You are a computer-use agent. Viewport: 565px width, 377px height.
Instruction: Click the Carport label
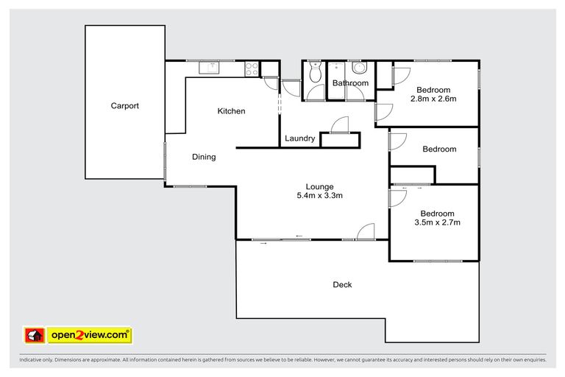pyautogui.click(x=124, y=106)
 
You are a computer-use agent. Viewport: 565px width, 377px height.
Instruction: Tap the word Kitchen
pyautogui.click(x=231, y=111)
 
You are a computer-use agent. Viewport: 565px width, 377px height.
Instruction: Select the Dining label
pyautogui.click(x=204, y=157)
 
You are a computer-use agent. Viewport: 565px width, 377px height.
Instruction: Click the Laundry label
pyautogui.click(x=299, y=138)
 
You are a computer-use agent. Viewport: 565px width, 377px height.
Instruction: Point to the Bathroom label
pyautogui.click(x=349, y=83)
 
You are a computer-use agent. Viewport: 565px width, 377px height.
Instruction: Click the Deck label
pyautogui.click(x=342, y=284)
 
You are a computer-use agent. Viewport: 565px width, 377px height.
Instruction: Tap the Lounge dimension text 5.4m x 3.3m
pyautogui.click(x=320, y=196)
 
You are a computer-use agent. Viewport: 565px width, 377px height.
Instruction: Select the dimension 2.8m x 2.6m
pyautogui.click(x=433, y=99)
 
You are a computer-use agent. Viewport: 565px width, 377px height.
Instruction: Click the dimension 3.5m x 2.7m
pyautogui.click(x=437, y=222)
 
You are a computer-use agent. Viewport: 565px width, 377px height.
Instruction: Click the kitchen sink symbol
pyautogui.click(x=210, y=68)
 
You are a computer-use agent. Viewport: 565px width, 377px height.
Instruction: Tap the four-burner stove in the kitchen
pyautogui.click(x=252, y=68)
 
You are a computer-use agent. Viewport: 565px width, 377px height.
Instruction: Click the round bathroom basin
pyautogui.click(x=359, y=68)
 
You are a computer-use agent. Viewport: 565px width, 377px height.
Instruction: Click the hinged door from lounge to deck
pyautogui.click(x=366, y=233)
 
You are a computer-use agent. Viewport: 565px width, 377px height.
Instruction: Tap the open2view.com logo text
pyautogui.click(x=89, y=335)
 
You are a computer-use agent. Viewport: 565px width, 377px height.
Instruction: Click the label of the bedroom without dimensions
pyautogui.click(x=438, y=149)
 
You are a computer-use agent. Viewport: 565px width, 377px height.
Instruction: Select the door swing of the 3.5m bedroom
pyautogui.click(x=397, y=197)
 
